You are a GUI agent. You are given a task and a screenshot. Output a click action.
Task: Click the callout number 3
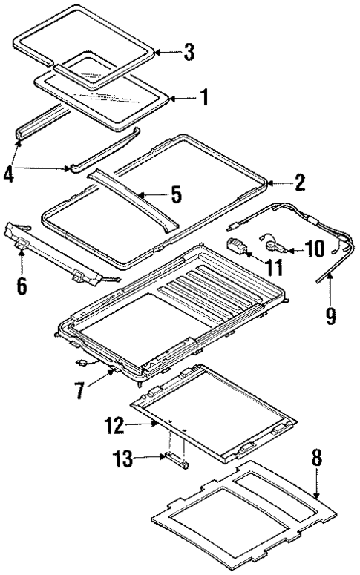[x=189, y=52]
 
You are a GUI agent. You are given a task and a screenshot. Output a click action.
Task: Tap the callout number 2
[x=299, y=183]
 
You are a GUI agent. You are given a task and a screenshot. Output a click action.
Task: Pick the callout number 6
[x=22, y=283]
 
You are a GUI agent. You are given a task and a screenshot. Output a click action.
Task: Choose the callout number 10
[x=314, y=248]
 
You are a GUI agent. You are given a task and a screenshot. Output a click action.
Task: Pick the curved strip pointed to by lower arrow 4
[x=104, y=152]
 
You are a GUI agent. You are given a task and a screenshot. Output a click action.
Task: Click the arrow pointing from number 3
[x=167, y=52]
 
